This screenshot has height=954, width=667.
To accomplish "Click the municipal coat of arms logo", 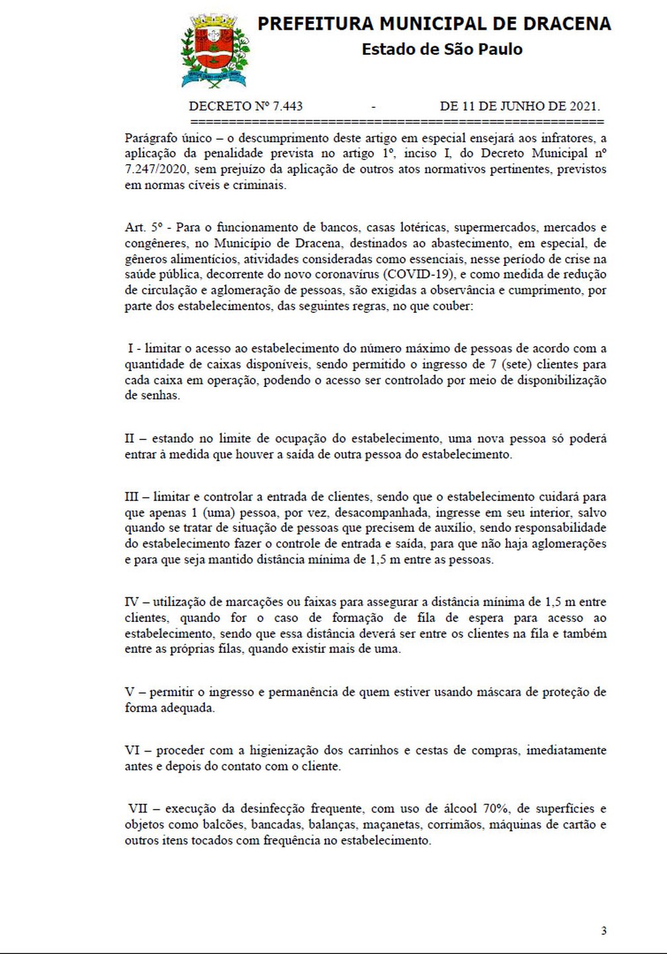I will click(x=213, y=52).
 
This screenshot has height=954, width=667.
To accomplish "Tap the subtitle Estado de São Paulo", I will click(x=442, y=49).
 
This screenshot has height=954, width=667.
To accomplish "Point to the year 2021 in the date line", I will click(x=583, y=106).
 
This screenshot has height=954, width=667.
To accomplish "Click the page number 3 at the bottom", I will click(x=603, y=931).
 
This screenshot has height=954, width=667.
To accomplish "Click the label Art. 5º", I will click(x=145, y=227).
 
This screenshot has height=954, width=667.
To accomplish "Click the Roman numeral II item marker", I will click(x=130, y=439).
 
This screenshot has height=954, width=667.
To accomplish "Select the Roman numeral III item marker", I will click(x=132, y=497).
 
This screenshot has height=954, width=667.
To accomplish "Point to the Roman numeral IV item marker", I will click(x=132, y=602).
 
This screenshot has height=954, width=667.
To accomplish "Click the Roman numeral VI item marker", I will click(x=132, y=751).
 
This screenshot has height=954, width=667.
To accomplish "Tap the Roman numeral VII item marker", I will click(x=137, y=808).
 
